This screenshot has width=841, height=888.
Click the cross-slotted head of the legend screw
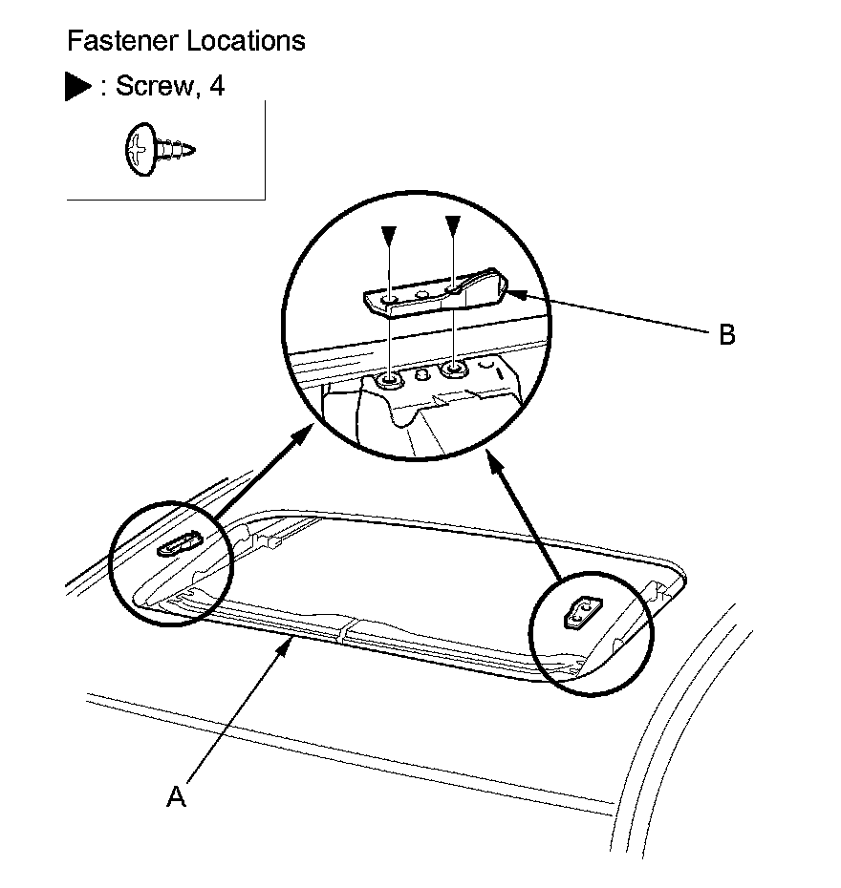pos(139,150)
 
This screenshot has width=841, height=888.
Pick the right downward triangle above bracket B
pos(454,227)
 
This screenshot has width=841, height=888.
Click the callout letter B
pos(726,336)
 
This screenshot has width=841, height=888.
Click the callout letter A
pos(175,797)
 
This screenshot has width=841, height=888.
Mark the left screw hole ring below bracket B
pos(390,382)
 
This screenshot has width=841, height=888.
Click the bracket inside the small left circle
pos(177,545)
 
